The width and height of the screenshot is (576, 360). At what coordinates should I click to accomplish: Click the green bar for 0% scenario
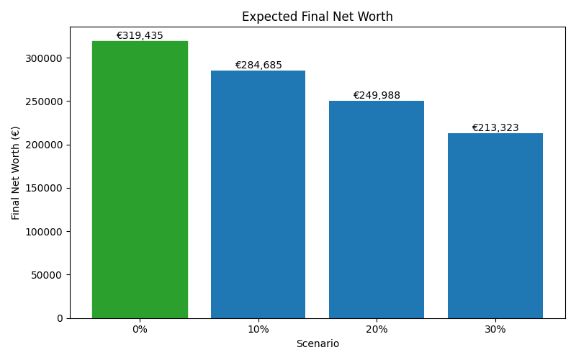pyautogui.click(x=140, y=180)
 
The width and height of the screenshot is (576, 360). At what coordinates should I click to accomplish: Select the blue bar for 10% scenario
pyautogui.click(x=258, y=194)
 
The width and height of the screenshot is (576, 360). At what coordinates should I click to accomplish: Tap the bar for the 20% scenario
pyautogui.click(x=377, y=209)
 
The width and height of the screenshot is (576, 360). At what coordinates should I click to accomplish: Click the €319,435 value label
pyautogui.click(x=140, y=35)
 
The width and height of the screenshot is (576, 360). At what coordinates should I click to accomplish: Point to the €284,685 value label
pyautogui.click(x=258, y=65)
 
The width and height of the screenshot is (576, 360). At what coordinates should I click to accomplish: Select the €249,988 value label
pyautogui.click(x=377, y=95)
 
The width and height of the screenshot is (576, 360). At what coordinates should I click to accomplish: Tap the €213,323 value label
pyautogui.click(x=495, y=127)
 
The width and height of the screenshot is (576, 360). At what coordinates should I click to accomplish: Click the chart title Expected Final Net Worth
pyautogui.click(x=318, y=17)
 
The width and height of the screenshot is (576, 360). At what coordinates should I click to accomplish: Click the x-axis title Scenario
pyautogui.click(x=318, y=343)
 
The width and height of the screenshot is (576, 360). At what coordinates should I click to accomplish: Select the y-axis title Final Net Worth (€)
pyautogui.click(x=16, y=173)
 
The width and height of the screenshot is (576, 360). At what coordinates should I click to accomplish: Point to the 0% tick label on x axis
pyautogui.click(x=140, y=329)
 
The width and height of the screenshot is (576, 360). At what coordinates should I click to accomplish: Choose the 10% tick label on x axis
pyautogui.click(x=258, y=329)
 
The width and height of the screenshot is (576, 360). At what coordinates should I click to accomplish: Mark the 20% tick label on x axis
pyautogui.click(x=377, y=329)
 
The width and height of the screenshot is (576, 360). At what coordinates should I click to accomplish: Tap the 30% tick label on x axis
pyautogui.click(x=495, y=329)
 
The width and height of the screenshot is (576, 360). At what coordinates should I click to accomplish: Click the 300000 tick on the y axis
pyautogui.click(x=45, y=58)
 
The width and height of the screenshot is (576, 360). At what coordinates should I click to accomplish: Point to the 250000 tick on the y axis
pyautogui.click(x=45, y=102)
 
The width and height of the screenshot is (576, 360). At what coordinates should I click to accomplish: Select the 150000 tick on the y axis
pyautogui.click(x=45, y=188)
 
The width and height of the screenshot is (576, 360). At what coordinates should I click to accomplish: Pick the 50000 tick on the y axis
pyautogui.click(x=48, y=274)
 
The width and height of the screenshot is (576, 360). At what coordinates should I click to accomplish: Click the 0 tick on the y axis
pyautogui.click(x=60, y=318)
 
